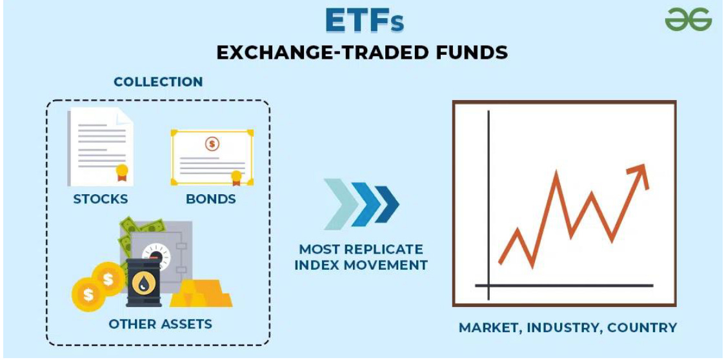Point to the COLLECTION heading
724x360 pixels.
click(158, 82)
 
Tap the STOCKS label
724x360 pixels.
click(100, 199)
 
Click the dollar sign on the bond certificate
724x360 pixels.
click(212, 144)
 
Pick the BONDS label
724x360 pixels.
click(211, 199)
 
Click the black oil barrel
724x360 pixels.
click(143, 283)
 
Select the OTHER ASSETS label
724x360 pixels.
click(160, 323)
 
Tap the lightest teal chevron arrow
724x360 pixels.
click(339, 204)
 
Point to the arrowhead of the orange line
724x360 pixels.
click(639, 171)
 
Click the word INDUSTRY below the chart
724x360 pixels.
click(562, 328)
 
